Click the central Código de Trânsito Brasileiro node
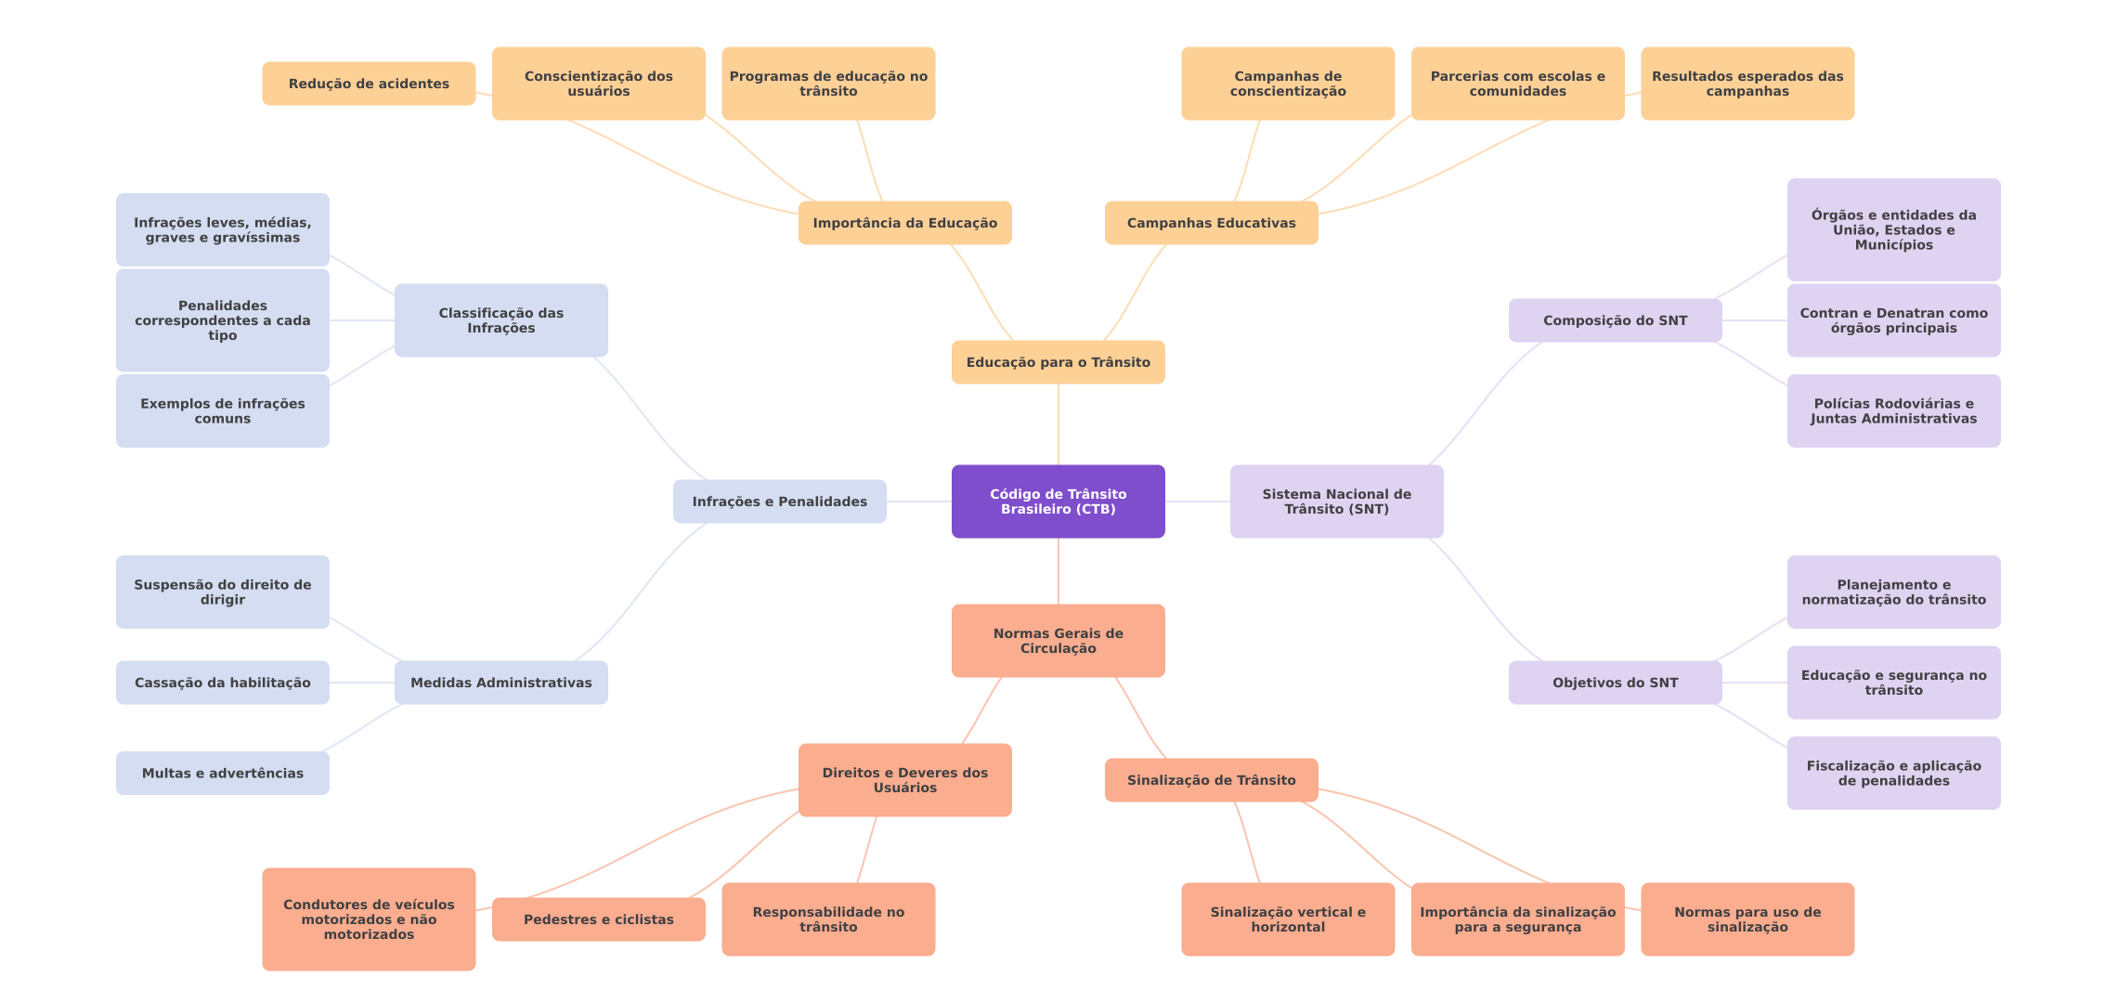click(1058, 501)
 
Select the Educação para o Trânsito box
click(1058, 362)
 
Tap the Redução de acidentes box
click(369, 84)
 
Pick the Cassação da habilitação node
click(222, 683)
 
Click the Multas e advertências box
click(222, 773)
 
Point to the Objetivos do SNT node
click(1615, 683)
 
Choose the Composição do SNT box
click(1615, 320)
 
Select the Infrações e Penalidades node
click(779, 501)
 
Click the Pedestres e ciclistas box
click(598, 919)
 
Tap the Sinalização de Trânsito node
click(1211, 780)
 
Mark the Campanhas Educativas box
click(1211, 223)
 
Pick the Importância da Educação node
click(904, 223)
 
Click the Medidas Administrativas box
click(500, 683)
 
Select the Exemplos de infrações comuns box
click(222, 410)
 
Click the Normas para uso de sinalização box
click(1747, 919)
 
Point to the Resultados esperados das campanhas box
click(1747, 84)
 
